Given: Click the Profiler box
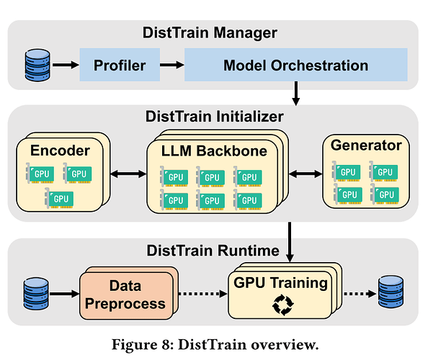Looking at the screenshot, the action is (120, 65).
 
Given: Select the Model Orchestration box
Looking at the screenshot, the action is (296, 65).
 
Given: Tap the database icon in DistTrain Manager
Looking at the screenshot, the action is (37, 66).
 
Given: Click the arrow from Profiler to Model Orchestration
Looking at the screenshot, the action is (172, 65).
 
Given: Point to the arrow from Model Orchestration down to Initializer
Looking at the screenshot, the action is (295, 94).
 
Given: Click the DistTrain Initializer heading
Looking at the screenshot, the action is (214, 117).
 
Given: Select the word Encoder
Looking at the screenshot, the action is (60, 150).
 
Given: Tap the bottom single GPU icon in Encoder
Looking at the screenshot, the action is (59, 198).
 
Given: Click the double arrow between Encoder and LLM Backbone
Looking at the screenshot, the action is (128, 174).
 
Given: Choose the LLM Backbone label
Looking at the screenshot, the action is (214, 150).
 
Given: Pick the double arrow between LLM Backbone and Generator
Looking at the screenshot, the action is (306, 174).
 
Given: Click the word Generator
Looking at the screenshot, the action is (366, 145).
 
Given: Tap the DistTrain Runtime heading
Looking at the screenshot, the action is (213, 251).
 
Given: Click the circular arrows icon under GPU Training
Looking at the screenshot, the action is (283, 305).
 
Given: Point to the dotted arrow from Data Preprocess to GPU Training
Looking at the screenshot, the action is (202, 294).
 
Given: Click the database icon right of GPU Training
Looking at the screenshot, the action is (391, 292).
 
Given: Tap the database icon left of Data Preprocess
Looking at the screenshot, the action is (36, 294).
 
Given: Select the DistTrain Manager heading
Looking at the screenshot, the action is (210, 32).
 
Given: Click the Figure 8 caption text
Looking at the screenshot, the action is (215, 344).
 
